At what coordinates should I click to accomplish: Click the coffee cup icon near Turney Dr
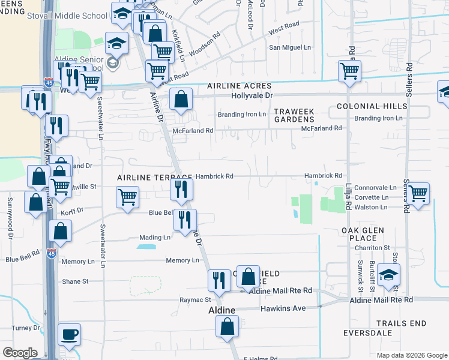click(69, 334)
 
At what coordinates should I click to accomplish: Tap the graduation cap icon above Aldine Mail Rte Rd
click(389, 275)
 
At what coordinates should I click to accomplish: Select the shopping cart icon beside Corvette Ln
click(418, 193)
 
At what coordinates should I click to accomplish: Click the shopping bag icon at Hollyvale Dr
click(181, 99)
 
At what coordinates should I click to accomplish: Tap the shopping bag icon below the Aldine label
click(228, 327)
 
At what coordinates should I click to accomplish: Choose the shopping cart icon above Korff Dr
click(127, 197)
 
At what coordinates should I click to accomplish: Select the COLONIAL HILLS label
click(372, 106)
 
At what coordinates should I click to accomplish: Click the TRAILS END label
click(401, 323)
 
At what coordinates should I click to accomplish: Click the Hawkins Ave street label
click(283, 308)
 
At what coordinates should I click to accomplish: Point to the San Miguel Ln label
click(291, 47)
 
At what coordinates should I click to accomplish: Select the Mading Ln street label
click(155, 238)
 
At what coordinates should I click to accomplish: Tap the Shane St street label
click(75, 281)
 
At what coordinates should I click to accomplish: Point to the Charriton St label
click(372, 247)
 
